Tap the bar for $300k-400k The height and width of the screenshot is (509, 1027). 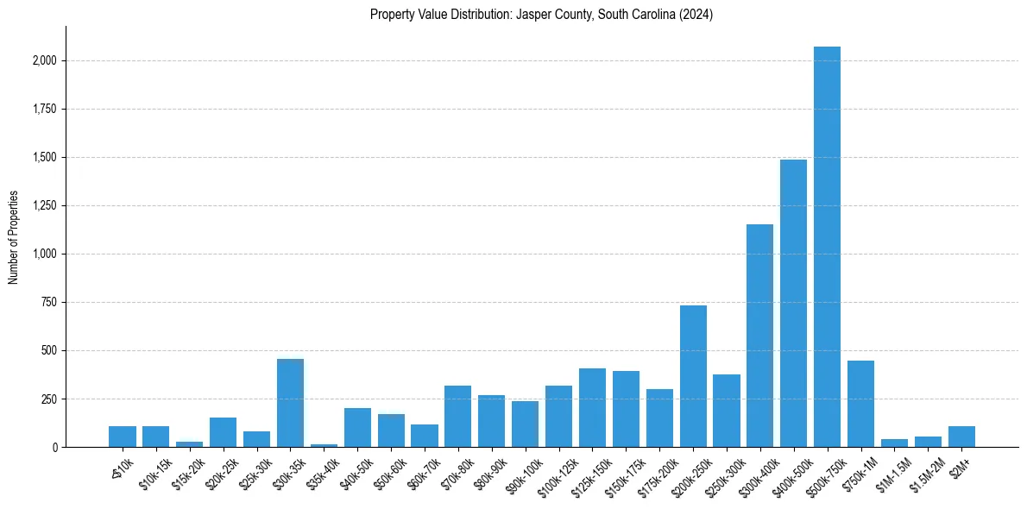759,336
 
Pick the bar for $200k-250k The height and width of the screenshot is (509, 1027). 693,376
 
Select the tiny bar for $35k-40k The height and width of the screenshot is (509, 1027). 324,445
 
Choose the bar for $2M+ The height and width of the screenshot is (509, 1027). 961,437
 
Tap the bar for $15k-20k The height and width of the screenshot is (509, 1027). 189,444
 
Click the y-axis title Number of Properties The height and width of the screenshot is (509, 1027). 14,236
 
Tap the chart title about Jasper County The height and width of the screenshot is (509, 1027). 541,15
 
